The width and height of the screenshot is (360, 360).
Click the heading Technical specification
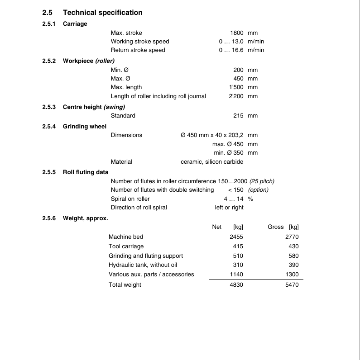click(102, 13)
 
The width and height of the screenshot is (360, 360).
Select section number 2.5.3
click(48, 107)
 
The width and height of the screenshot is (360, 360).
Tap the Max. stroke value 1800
click(236, 33)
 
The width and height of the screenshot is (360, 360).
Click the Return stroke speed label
click(138, 50)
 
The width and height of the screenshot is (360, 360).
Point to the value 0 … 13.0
click(231, 42)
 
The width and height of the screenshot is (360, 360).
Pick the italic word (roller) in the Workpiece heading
click(105, 61)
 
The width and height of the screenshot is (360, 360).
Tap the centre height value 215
click(238, 116)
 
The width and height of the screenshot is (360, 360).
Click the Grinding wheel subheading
click(85, 127)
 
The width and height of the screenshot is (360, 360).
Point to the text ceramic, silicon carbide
click(212, 162)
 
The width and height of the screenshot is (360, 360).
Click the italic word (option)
click(258, 190)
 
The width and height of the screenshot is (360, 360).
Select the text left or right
click(229, 208)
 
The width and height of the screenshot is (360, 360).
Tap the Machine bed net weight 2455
click(236, 237)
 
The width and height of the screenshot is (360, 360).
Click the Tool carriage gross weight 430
click(293, 246)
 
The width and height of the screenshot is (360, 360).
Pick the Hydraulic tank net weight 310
click(238, 265)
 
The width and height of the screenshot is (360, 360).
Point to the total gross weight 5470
click(292, 285)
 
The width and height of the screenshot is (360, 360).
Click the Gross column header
click(276, 227)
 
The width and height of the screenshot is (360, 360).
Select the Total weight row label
click(125, 285)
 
